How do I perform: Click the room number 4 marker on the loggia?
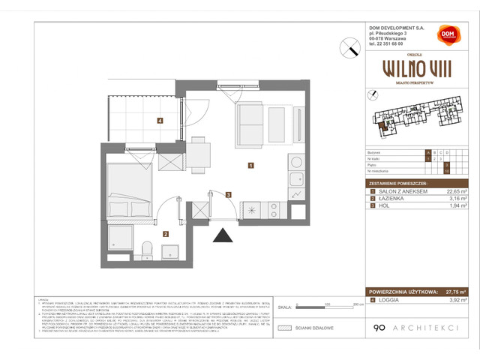159,120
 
